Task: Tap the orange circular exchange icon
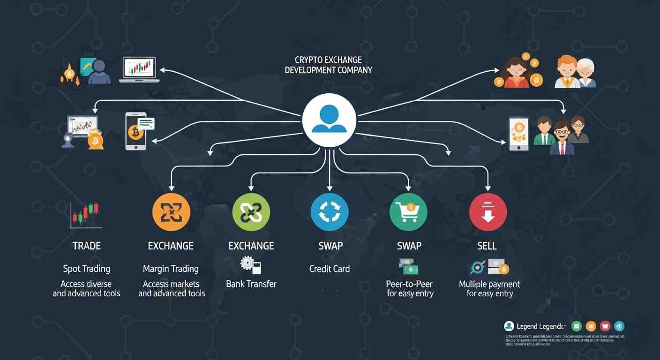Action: pyautogui.click(x=171, y=212)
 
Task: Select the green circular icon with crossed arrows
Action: pyautogui.click(x=251, y=212)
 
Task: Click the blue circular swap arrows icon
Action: pyautogui.click(x=330, y=212)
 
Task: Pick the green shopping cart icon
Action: pyautogui.click(x=408, y=212)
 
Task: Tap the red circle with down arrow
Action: pyautogui.click(x=487, y=212)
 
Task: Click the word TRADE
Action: pyautogui.click(x=87, y=246)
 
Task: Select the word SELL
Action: pyautogui.click(x=487, y=246)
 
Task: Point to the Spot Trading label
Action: pyautogui.click(x=87, y=269)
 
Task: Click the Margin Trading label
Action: pyautogui.click(x=171, y=269)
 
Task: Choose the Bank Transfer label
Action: pyautogui.click(x=251, y=284)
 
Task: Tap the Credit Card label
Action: pyautogui.click(x=330, y=269)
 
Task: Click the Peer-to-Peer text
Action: pyautogui.click(x=409, y=284)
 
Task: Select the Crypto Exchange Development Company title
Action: pyautogui.click(x=328, y=65)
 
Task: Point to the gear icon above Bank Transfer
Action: pyautogui.click(x=247, y=263)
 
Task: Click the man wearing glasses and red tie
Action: pyautogui.click(x=562, y=137)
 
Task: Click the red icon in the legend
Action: pyautogui.click(x=605, y=326)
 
